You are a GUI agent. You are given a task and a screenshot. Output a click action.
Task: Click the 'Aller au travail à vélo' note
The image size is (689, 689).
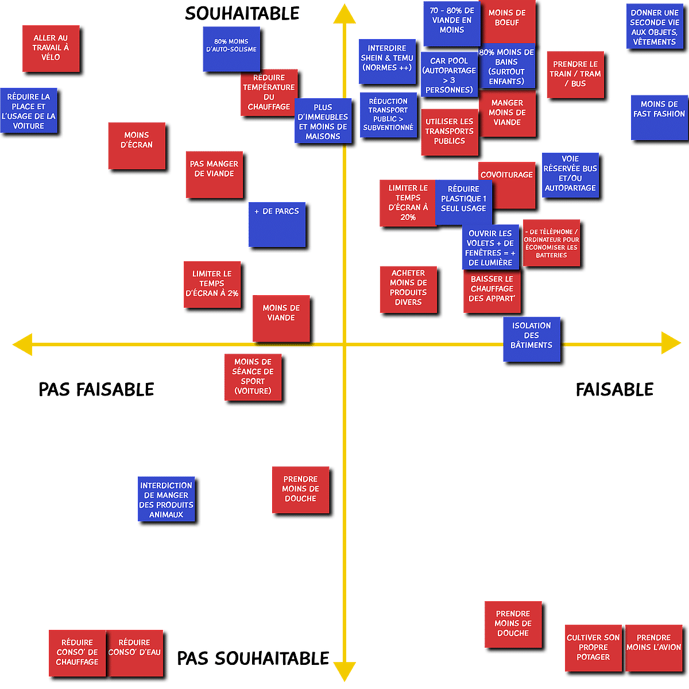tap(51, 49)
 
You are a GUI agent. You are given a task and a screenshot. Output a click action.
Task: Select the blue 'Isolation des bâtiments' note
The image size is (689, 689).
tap(531, 339)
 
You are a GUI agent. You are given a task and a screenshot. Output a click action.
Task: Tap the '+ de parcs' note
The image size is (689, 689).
tap(277, 224)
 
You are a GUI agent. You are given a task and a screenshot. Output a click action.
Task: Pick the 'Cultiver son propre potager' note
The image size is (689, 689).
tap(593, 648)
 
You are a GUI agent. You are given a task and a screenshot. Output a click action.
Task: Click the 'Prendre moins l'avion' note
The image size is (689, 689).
tap(654, 648)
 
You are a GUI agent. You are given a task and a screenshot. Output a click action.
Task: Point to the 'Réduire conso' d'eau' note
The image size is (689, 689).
tap(135, 653)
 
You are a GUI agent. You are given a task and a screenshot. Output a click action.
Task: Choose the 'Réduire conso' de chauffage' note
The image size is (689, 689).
tap(78, 653)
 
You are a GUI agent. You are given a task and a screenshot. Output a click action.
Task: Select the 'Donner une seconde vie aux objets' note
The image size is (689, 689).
tap(655, 26)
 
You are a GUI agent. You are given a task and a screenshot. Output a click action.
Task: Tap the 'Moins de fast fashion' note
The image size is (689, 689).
tap(659, 118)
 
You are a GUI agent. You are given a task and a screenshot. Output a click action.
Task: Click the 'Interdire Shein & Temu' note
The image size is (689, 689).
tap(387, 61)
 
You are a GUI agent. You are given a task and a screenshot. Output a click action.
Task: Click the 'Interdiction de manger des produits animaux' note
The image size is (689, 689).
tap(167, 499)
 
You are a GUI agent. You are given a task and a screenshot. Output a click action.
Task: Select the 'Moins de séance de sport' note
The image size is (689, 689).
tap(253, 377)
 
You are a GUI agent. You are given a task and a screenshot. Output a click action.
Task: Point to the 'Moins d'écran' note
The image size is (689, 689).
tap(137, 145)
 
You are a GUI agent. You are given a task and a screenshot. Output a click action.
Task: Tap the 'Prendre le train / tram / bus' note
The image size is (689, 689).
tap(575, 75)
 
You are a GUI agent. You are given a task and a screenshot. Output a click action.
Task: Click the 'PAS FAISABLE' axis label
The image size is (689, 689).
tap(96, 389)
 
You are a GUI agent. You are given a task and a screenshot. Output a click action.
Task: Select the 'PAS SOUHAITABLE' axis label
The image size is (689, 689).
tap(253, 658)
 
